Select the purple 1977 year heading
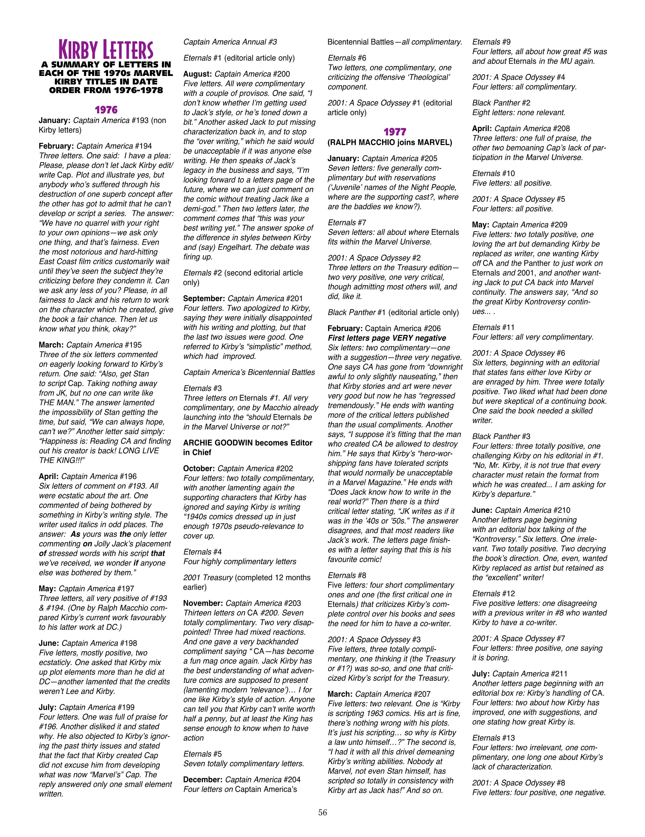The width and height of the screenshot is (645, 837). pyautogui.click(x=395, y=132)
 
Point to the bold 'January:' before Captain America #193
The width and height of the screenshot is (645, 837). pyautogui.click(x=54, y=120)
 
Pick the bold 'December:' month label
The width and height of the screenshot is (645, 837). pyautogui.click(x=203, y=780)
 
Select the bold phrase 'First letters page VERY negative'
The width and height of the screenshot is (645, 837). pyautogui.click(x=386, y=338)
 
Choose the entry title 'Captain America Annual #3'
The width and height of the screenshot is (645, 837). pyautogui.click(x=230, y=42)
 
